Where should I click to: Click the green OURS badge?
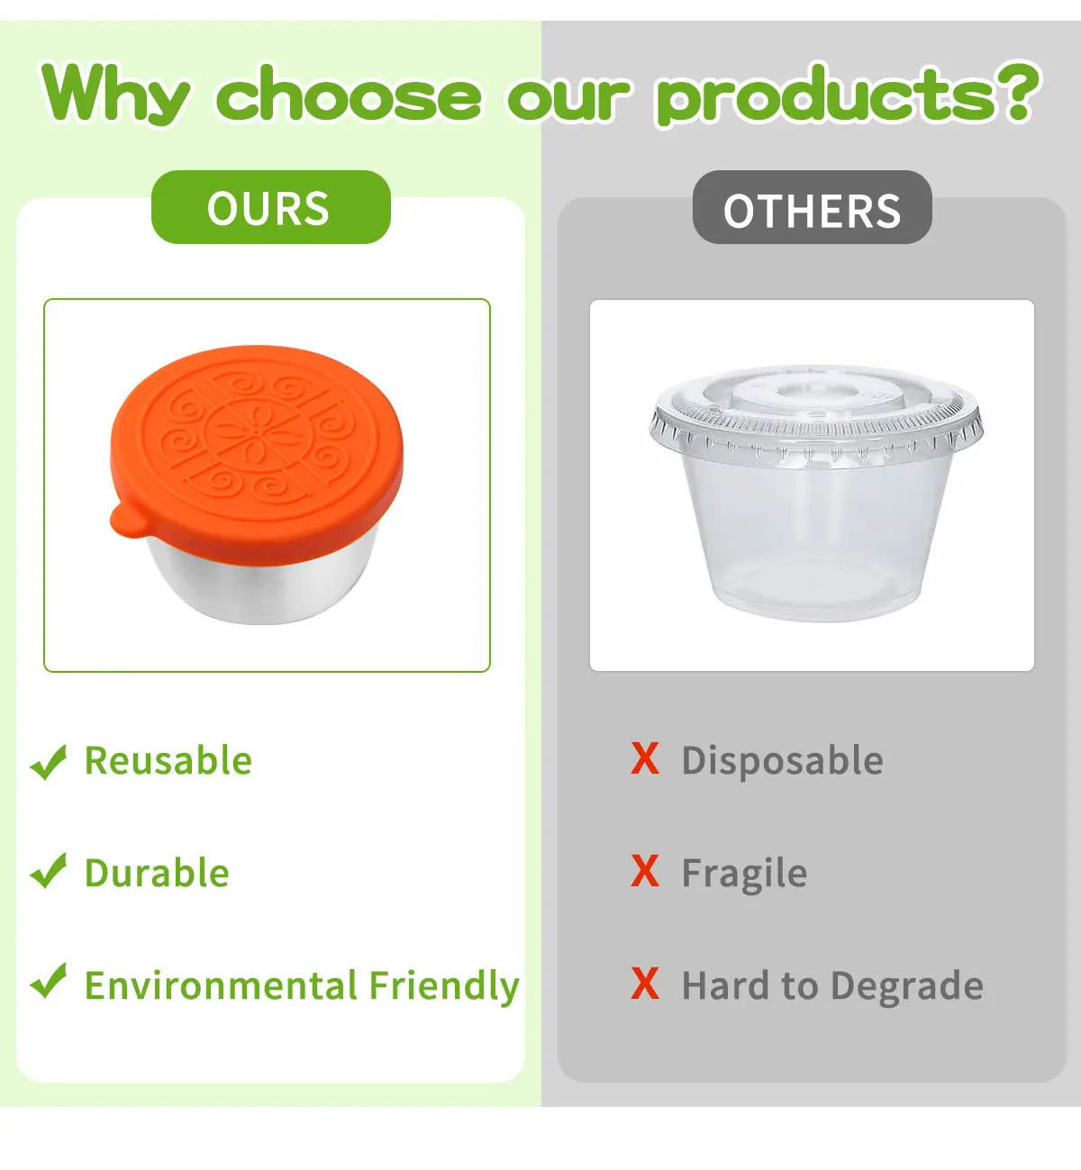[x=270, y=207]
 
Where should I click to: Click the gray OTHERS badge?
[x=812, y=207]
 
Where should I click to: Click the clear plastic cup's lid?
[x=816, y=412]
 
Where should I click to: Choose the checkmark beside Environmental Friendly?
[x=49, y=981]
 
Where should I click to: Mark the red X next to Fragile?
[x=645, y=871]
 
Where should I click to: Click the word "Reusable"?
[x=168, y=760]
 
